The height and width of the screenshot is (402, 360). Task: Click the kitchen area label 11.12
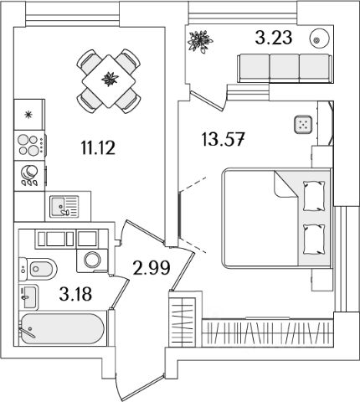click(98, 147)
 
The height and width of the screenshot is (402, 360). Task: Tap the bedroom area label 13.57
click(223, 139)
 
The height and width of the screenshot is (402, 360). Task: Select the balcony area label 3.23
click(274, 38)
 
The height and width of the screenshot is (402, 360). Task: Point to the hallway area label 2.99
click(152, 268)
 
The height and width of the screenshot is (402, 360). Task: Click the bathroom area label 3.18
click(75, 294)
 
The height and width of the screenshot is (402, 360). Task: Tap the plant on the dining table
click(110, 79)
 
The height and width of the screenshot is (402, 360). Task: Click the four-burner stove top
click(29, 145)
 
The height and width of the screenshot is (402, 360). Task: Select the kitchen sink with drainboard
click(64, 207)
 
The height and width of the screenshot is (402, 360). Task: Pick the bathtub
click(63, 329)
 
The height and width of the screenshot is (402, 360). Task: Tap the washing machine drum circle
click(93, 260)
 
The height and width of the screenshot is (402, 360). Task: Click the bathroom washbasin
click(28, 297)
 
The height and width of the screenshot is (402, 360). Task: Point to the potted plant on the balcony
click(200, 41)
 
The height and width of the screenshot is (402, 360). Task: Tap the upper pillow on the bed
click(314, 196)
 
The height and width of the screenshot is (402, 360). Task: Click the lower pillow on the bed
click(314, 240)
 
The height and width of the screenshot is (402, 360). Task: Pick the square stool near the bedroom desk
click(303, 124)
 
